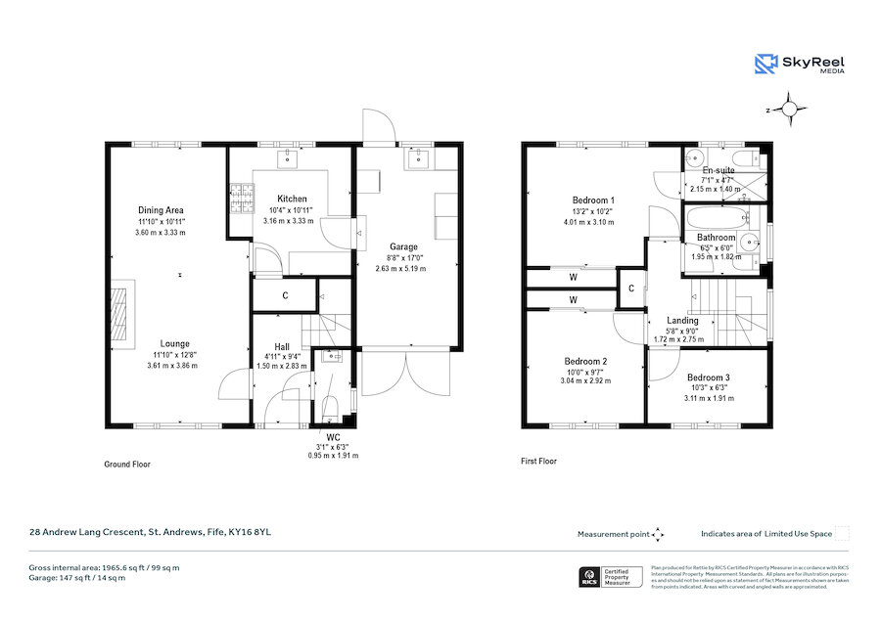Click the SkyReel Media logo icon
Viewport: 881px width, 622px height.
[x=765, y=64]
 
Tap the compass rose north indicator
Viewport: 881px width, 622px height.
[x=791, y=111]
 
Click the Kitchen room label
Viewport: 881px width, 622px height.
[x=292, y=199]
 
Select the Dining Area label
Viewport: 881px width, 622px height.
[x=161, y=210]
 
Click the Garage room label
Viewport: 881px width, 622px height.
[x=403, y=246]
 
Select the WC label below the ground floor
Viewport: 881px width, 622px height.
[x=333, y=437]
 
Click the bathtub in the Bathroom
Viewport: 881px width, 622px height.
[x=713, y=217]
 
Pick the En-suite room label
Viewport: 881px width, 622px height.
[x=718, y=170]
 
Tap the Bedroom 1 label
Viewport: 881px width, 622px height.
[x=590, y=200]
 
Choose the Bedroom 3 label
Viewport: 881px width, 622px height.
[x=708, y=378]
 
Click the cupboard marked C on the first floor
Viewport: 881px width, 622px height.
[x=631, y=288]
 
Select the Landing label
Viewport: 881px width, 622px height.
[x=682, y=320]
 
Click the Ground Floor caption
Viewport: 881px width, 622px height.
[x=127, y=465]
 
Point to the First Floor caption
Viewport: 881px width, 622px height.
[x=538, y=461]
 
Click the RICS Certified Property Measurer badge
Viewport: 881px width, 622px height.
[x=614, y=577]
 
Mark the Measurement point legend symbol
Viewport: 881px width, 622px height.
[x=658, y=534]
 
